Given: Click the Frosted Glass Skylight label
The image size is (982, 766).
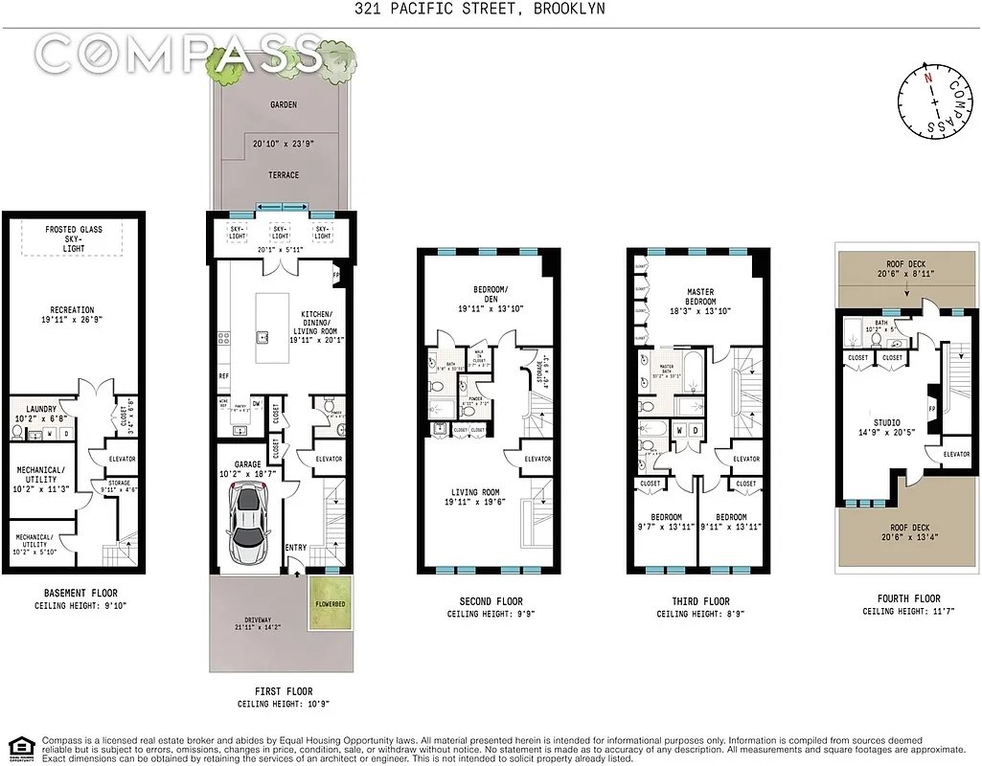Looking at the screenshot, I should [74, 238].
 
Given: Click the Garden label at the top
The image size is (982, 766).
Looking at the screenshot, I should [283, 105].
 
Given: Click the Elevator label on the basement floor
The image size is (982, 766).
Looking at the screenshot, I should [122, 459].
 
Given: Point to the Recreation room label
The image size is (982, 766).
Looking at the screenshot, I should [73, 309].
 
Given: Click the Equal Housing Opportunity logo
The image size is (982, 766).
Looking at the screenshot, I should [18, 747].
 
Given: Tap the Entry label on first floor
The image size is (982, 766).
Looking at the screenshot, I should [296, 547].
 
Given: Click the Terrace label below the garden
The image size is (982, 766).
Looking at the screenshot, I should [283, 175].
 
